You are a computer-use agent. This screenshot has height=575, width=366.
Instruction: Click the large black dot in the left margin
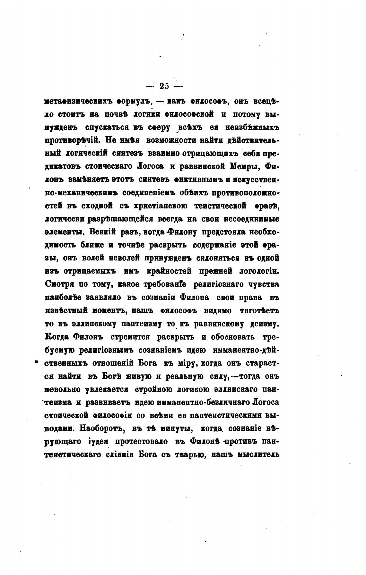point(36,362)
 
